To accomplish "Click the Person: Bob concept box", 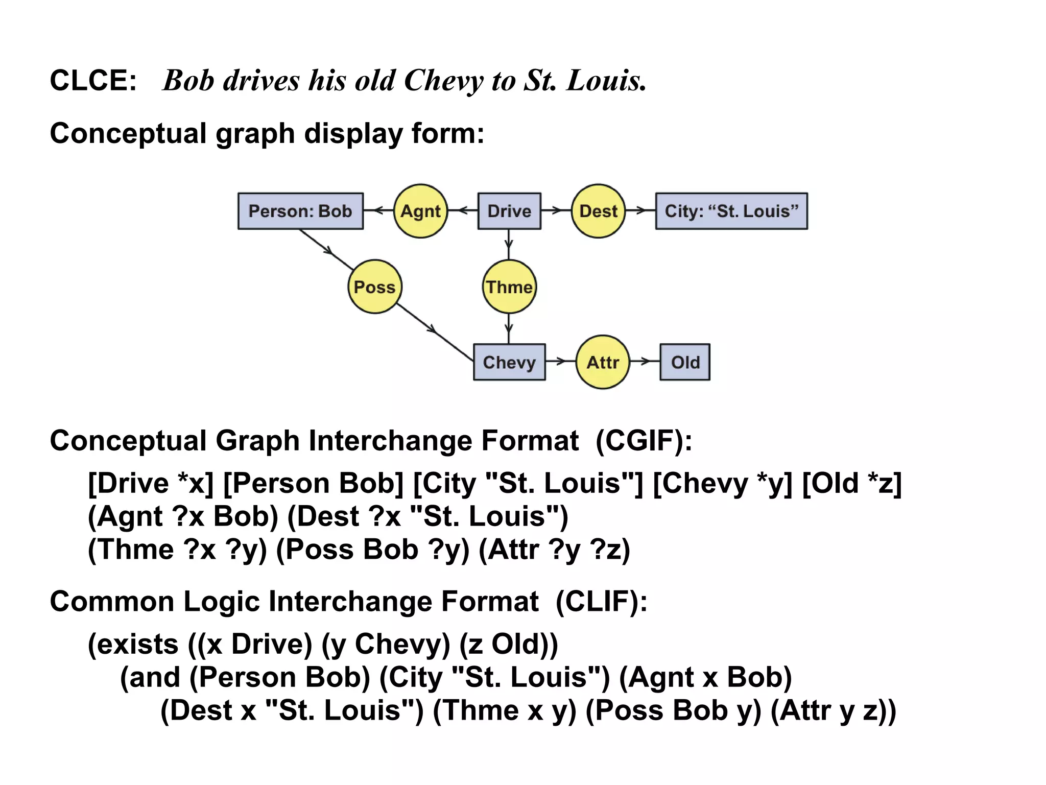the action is coord(300,211).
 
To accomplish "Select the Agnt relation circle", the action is coord(420,211).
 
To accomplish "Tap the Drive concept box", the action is coord(509,211).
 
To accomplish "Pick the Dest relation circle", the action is coord(598,211).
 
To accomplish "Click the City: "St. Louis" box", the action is coord(731,211).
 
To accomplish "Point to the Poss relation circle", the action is coord(375,287).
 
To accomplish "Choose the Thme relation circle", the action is coord(509,287).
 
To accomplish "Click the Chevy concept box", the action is coord(509,362).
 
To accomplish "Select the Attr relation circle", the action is coord(603,362).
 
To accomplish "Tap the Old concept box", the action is coord(685,362).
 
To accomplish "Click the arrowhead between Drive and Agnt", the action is coord(463,210).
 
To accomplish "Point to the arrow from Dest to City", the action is coord(640,210).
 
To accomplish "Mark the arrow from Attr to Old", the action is coord(645,362).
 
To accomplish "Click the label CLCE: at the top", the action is coord(93,81).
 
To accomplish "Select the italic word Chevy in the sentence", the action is coord(443,81).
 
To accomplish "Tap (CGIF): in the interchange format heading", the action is coord(644,440).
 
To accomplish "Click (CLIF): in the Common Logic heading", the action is coord(601,601).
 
